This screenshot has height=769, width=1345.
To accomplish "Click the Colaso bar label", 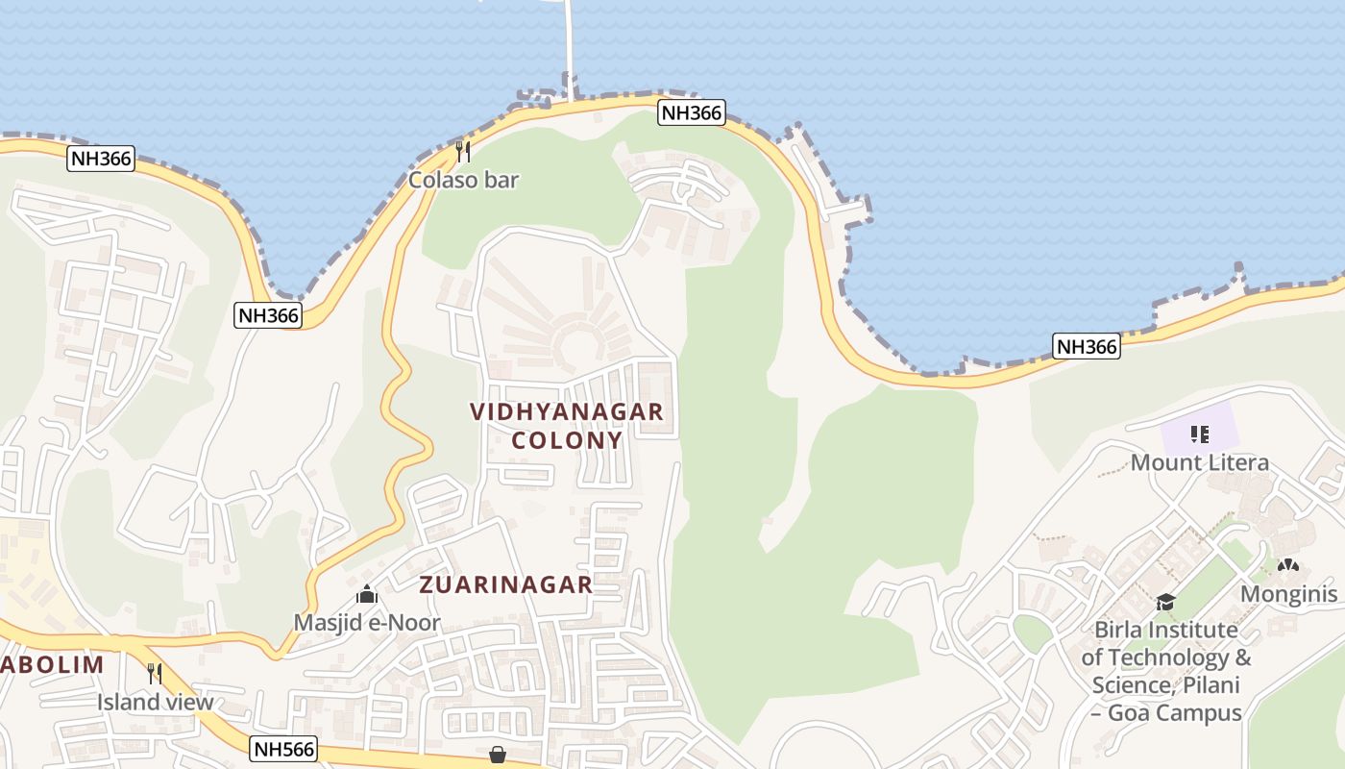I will (x=463, y=180).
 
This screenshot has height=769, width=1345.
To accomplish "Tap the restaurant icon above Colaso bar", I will (x=463, y=152).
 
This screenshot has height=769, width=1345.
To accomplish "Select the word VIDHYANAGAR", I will (x=567, y=411).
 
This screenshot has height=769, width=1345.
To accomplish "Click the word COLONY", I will (x=567, y=440).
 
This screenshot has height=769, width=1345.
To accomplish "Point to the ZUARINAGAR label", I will (x=505, y=584).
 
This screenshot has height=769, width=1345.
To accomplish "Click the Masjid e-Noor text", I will (x=367, y=623).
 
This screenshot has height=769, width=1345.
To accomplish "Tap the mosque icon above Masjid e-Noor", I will (x=367, y=595).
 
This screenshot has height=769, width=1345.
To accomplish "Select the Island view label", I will (x=155, y=702).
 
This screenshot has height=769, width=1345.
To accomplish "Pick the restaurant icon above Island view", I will (x=154, y=673).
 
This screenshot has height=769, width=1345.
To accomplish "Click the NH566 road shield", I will (x=283, y=749).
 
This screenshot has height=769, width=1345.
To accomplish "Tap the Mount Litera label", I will (x=1199, y=462).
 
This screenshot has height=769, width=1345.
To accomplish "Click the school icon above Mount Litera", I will (x=1199, y=434).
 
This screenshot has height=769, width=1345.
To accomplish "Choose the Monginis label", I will (x=1288, y=594).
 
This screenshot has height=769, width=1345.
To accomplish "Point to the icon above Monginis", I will (x=1287, y=566).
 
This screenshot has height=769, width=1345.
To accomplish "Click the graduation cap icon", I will (x=1165, y=602).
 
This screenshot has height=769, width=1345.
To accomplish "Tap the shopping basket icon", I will (x=498, y=755).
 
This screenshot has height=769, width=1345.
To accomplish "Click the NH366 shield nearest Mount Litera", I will (x=1087, y=346).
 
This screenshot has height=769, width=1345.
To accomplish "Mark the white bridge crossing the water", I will (x=570, y=48).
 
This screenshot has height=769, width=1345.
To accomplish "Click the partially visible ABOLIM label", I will (x=52, y=664).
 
